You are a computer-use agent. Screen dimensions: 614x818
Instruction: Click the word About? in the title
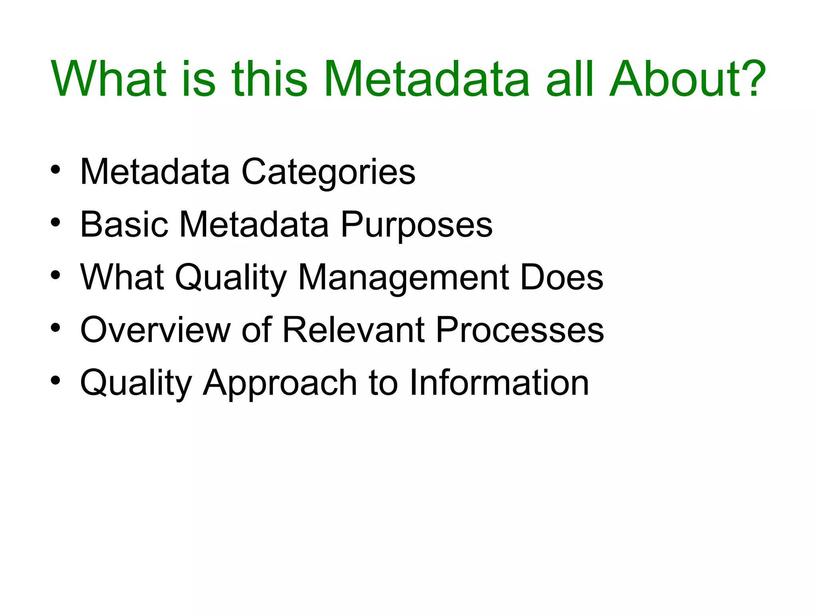(x=687, y=79)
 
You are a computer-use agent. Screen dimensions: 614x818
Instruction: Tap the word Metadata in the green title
(x=427, y=79)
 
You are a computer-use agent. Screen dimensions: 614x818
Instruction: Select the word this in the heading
(x=270, y=79)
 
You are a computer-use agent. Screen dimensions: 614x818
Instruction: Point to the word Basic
(x=124, y=225)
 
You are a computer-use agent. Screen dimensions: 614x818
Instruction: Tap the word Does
(x=562, y=277)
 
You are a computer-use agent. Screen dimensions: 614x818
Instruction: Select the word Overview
(x=155, y=330)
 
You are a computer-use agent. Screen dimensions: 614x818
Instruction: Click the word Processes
(x=520, y=330)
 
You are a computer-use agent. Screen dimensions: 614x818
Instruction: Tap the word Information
(x=499, y=383)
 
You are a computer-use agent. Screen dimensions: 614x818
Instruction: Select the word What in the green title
(x=108, y=79)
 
